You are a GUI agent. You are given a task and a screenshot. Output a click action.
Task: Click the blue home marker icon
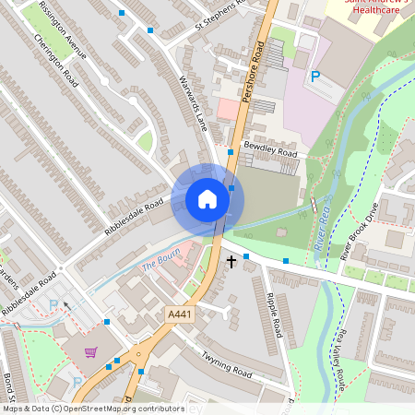[x=207, y=198]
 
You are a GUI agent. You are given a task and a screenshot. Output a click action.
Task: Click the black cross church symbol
[x=230, y=262]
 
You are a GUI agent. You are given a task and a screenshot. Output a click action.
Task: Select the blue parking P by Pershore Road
[x=315, y=77]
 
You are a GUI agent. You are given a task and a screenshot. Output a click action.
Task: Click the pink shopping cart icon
[x=90, y=351]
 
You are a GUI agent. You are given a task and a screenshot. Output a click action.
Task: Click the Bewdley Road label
[x=270, y=149]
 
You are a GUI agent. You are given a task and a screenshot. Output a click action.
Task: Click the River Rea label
[x=322, y=224]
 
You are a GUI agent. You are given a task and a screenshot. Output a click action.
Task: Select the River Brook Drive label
[x=361, y=232]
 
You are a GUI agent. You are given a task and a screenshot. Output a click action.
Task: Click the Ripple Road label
[x=274, y=314]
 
